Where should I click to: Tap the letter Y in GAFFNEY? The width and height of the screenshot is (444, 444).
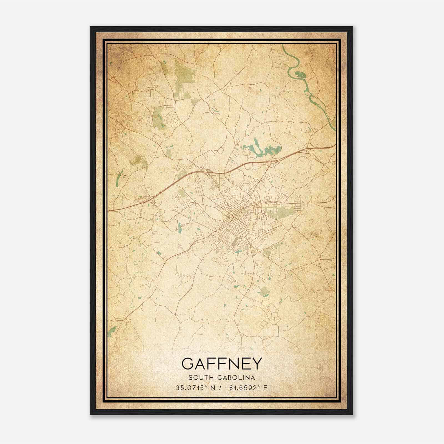[257, 364]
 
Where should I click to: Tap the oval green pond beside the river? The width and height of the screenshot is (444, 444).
[300, 74]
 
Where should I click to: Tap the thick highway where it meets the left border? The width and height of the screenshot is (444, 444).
[109, 211]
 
